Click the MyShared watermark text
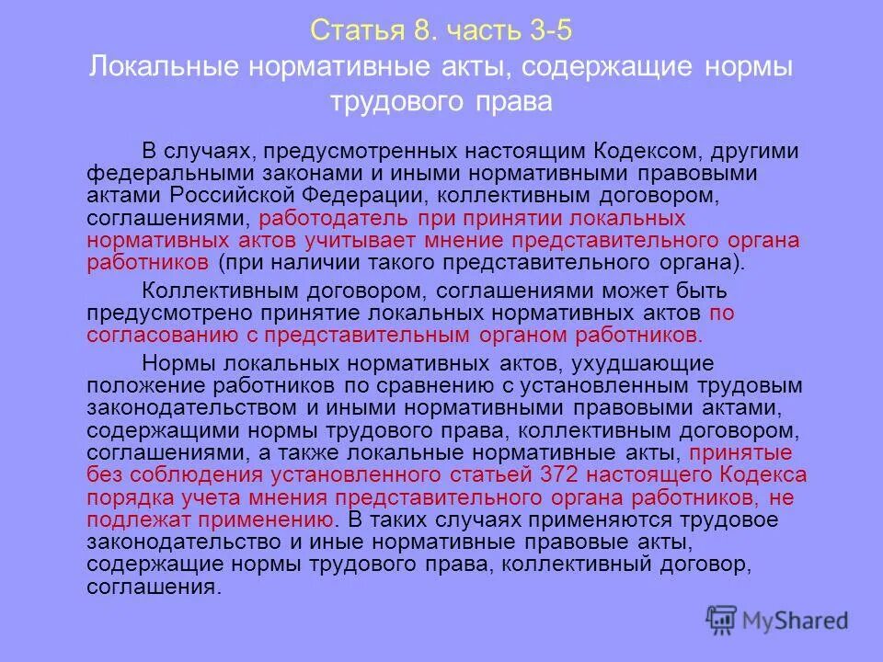(793, 621)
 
